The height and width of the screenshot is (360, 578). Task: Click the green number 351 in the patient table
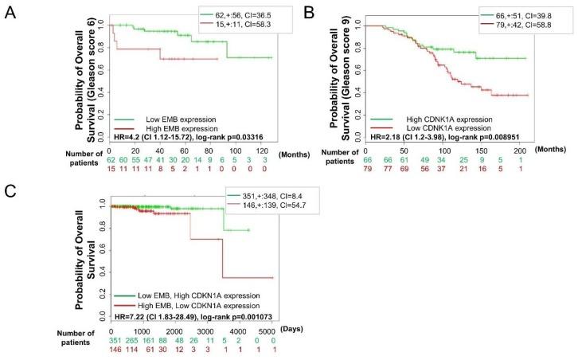coord(118,340)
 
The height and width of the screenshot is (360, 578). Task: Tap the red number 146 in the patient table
coord(118,350)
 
